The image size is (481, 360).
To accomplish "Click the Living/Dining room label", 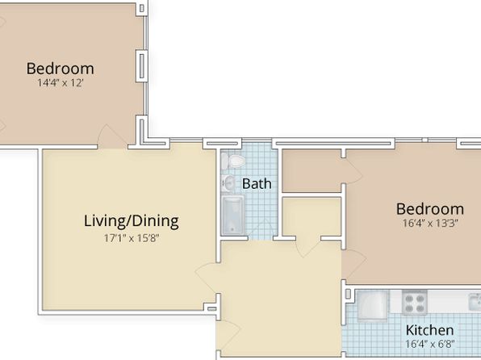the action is tap(132, 222).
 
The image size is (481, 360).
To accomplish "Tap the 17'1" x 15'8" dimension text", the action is tap(132, 238).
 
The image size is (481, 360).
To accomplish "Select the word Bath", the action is tap(257, 184).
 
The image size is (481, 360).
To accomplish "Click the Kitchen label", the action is tap(429, 330).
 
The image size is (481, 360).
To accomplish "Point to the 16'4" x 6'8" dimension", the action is tap(429, 344).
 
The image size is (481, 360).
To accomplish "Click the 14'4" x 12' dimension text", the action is tap(60, 83).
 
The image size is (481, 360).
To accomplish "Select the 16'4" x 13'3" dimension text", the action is tap(430, 223).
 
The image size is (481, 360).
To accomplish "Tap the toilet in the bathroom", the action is tap(233, 161).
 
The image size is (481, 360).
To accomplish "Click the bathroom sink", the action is tap(228, 183).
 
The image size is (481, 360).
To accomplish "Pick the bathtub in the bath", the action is tap(232, 216).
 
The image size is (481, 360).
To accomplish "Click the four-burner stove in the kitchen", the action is tap(415, 303).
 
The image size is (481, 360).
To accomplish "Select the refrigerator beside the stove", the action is tap(372, 305).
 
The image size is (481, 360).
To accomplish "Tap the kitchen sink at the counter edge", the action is tap(475, 302).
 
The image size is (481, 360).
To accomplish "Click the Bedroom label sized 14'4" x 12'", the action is tap(60, 69).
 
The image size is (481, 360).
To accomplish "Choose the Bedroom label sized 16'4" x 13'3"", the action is tap(430, 209).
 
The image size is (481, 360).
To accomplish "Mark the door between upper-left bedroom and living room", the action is tap(112, 137).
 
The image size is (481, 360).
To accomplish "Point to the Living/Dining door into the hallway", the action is tap(206, 278).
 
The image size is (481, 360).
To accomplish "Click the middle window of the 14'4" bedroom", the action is tap(141, 66).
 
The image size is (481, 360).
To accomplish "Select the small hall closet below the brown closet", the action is tap(312, 216).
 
